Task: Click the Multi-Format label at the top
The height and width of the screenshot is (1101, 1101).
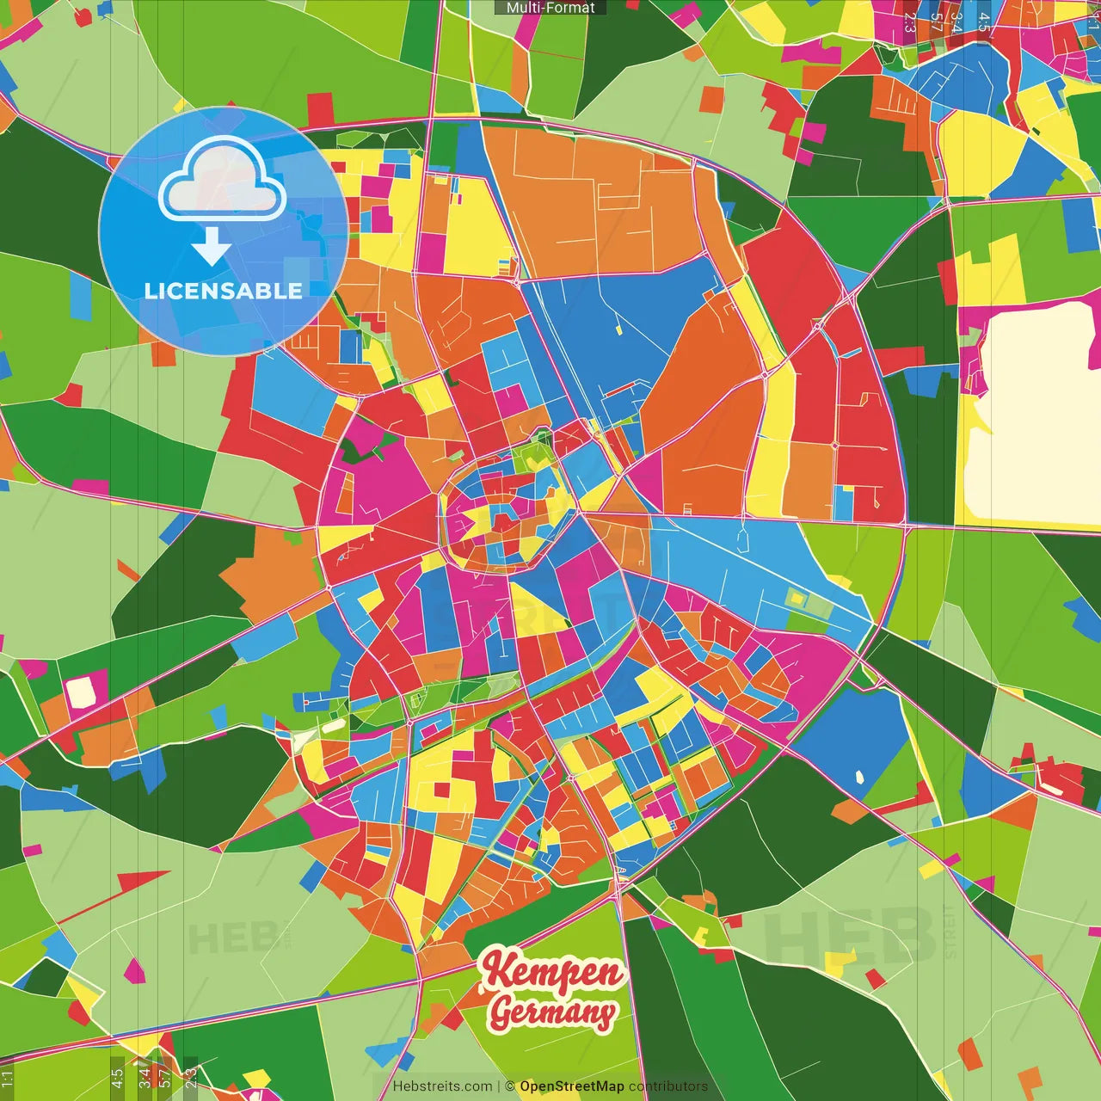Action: tap(550, 8)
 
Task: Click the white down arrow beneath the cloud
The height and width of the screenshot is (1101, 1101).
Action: tap(211, 249)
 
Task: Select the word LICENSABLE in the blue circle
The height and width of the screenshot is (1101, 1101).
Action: tap(224, 291)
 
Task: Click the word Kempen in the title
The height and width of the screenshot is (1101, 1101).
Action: tap(552, 972)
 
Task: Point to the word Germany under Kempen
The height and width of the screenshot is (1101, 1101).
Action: tap(552, 1012)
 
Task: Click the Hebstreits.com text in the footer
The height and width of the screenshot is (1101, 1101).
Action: tap(442, 1086)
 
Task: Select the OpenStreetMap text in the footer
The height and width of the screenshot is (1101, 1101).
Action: tap(572, 1086)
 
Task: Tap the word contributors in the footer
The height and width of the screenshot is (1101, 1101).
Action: tap(668, 1086)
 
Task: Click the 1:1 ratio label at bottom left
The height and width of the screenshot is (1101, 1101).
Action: tap(8, 1078)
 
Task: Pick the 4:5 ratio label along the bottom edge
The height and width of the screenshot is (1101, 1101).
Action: tap(117, 1078)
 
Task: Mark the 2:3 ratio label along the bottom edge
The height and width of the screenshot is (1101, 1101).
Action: tap(191, 1078)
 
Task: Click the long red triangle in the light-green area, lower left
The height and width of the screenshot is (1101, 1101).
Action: tap(129, 886)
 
